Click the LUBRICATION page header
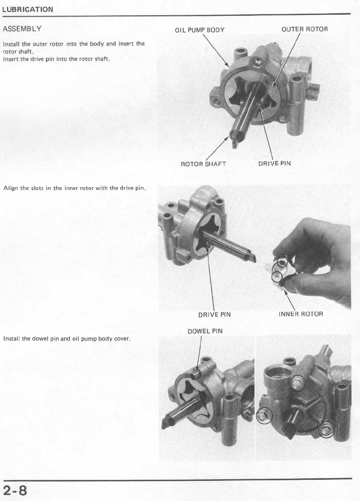point(28,9)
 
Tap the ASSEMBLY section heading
point(22,29)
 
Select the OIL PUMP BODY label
point(200,30)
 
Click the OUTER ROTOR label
point(305,29)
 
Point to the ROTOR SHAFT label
point(203,164)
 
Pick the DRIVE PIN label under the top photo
point(274,163)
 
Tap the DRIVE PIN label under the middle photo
point(215,314)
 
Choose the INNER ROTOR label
point(301,314)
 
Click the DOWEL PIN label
point(205,331)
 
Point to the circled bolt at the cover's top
point(297,383)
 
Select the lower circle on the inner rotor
point(277,277)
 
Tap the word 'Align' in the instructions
point(11,188)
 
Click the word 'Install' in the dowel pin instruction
point(12,338)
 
